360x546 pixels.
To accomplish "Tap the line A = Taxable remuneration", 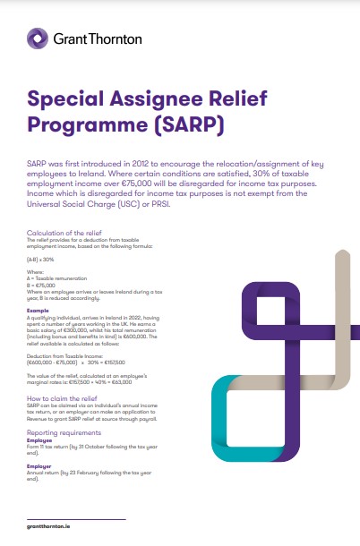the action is (57, 277).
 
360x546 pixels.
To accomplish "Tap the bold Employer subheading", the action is (40, 465).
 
